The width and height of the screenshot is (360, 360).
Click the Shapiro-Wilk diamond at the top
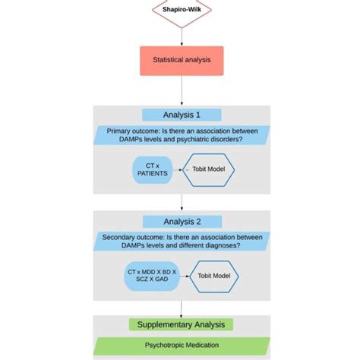181,11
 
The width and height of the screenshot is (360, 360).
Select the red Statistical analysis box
182,60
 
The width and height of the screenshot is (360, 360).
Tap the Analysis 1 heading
182,115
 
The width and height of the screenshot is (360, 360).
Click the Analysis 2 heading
182,223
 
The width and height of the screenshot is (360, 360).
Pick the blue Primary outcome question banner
181,134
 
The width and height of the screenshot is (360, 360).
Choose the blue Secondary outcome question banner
181,242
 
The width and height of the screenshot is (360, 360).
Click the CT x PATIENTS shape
151,168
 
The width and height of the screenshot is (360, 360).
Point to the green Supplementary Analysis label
182,324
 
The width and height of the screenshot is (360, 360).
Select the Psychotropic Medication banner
181,346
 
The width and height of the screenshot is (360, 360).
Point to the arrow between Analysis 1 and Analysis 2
182,202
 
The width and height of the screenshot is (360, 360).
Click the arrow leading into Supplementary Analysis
182,308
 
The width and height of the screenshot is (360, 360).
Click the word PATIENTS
151,173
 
